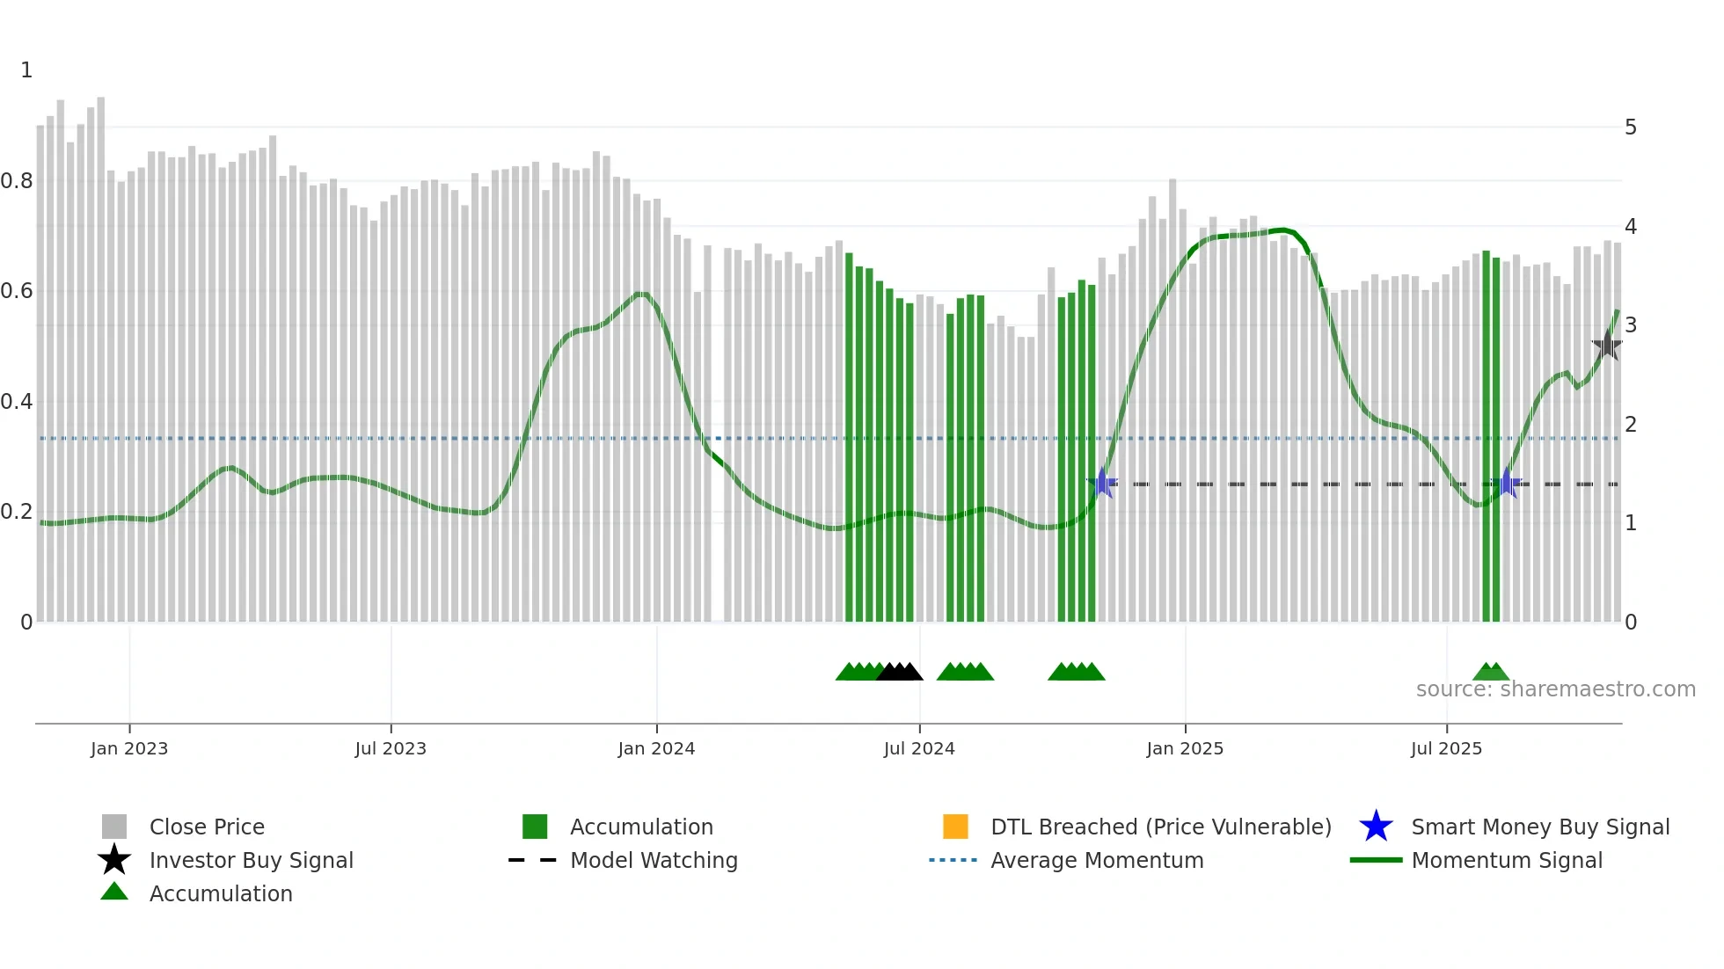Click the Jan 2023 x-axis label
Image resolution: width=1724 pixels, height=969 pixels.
[129, 748]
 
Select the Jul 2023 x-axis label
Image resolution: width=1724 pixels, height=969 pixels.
[391, 748]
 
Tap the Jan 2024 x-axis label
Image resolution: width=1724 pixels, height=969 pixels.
[656, 748]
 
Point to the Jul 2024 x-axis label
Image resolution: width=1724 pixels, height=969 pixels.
[919, 748]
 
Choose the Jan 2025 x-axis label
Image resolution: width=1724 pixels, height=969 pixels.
[1185, 748]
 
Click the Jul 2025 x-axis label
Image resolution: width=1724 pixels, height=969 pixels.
[1446, 748]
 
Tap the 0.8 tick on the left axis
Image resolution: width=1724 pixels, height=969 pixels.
[17, 181]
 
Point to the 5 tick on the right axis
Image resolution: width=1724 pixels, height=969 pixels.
[1631, 127]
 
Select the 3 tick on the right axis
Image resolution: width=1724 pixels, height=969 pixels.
[1631, 325]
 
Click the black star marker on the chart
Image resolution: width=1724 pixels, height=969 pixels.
[1607, 346]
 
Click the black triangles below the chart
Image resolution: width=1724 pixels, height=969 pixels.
[900, 672]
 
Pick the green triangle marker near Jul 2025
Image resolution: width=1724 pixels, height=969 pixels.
[1491, 672]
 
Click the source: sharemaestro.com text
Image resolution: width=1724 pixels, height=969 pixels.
[1555, 689]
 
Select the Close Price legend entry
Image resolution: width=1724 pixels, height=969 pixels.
[207, 827]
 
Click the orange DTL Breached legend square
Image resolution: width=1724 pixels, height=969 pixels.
[955, 827]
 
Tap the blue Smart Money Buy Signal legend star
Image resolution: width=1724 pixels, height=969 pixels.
[1376, 827]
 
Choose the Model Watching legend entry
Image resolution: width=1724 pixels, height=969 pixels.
[654, 860]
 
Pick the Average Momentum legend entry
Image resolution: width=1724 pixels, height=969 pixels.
[1097, 860]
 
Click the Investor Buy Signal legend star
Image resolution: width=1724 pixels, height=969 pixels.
[114, 860]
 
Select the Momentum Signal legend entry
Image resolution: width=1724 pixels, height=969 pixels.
[1507, 860]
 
